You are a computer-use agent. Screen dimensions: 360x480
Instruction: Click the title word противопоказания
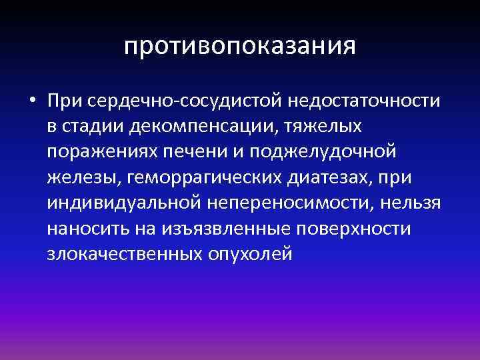point(240,47)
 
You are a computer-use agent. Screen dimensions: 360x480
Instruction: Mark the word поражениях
point(106,152)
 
